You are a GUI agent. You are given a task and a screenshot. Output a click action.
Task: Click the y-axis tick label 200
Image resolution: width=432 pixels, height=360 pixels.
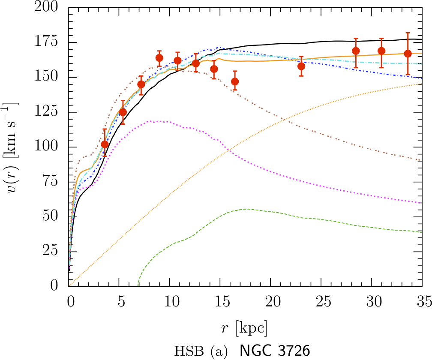(50, 8)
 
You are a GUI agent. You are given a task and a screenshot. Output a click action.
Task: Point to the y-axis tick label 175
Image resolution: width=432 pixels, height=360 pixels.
(50, 43)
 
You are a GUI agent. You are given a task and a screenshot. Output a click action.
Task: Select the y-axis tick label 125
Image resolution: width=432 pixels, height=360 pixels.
(50, 112)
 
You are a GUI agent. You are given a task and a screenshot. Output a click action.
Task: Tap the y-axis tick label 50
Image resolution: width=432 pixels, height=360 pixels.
(54, 216)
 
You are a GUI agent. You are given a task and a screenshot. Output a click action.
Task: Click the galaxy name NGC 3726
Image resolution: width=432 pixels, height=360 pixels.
(274, 351)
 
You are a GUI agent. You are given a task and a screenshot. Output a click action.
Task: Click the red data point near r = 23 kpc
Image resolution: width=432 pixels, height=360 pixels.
(301, 66)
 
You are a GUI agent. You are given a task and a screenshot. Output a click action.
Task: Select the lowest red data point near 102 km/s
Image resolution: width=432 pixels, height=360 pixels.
(105, 144)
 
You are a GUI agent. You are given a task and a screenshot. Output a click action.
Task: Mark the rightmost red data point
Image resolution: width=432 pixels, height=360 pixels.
(408, 54)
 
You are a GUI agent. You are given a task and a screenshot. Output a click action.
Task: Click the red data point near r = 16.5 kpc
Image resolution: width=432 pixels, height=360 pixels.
(235, 81)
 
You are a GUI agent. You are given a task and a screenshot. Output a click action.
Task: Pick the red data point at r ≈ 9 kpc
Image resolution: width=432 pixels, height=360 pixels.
(159, 58)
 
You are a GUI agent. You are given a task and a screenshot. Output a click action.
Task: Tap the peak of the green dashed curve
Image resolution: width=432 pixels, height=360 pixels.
(246, 209)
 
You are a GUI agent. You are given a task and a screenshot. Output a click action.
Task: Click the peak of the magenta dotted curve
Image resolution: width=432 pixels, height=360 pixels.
(152, 121)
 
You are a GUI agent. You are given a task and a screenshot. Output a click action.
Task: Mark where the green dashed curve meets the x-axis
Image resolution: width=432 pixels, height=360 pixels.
(138, 285)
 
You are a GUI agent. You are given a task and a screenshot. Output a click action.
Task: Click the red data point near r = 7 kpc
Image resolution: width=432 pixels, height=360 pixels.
(141, 84)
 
